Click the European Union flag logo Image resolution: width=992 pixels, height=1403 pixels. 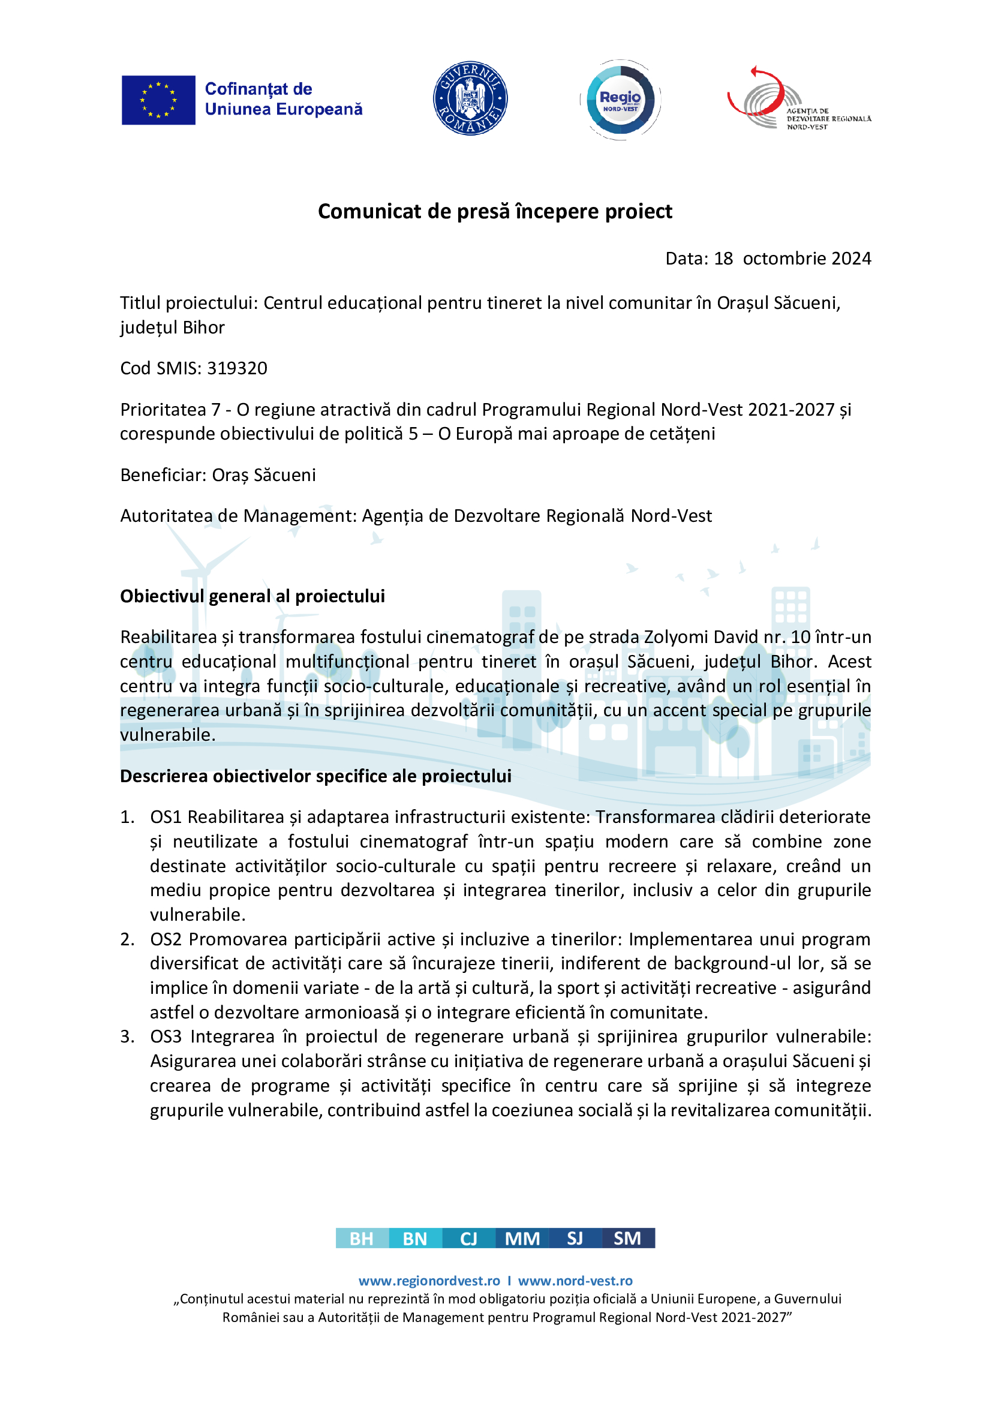[x=158, y=100]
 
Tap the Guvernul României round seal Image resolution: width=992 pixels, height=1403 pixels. [x=470, y=98]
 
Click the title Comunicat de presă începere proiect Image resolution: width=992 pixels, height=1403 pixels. [x=495, y=211]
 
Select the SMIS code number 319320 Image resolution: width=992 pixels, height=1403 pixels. [x=237, y=368]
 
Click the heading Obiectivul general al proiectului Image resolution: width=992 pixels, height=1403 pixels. [x=252, y=596]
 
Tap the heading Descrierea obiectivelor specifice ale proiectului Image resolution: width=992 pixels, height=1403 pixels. [x=315, y=776]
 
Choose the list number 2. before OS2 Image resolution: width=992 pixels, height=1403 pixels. [x=127, y=939]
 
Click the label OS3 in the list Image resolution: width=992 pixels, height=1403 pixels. [x=166, y=1037]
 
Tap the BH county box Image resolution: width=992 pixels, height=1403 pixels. [x=362, y=1239]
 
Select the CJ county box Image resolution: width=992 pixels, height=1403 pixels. [x=468, y=1239]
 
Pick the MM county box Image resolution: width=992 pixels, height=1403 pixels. [x=522, y=1239]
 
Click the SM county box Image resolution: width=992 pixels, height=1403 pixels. [x=628, y=1239]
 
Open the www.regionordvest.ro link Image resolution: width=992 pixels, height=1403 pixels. [x=429, y=1281]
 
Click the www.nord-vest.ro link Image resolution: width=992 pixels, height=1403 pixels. [x=575, y=1281]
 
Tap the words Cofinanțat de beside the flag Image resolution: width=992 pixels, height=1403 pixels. [x=258, y=89]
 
